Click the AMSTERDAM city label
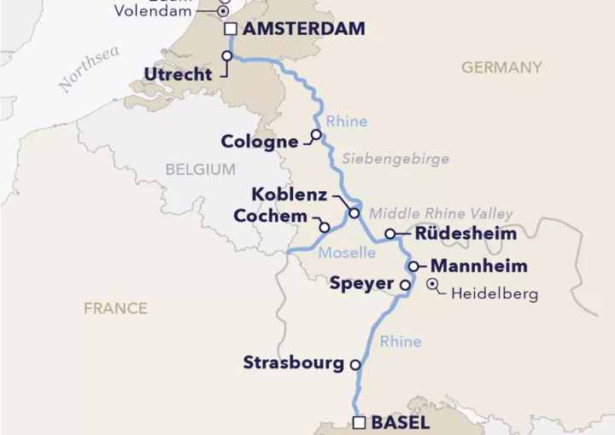click(304, 29)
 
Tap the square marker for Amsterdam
click(231, 30)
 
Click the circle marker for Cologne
click(316, 135)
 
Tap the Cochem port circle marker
click(324, 227)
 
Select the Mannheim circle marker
click(413, 266)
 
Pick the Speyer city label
click(362, 284)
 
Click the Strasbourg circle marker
click(355, 364)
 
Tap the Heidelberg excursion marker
click(433, 284)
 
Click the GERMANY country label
click(501, 67)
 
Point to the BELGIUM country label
click(200, 170)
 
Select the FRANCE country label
click(115, 308)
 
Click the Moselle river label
click(347, 253)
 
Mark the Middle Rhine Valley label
click(441, 213)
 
